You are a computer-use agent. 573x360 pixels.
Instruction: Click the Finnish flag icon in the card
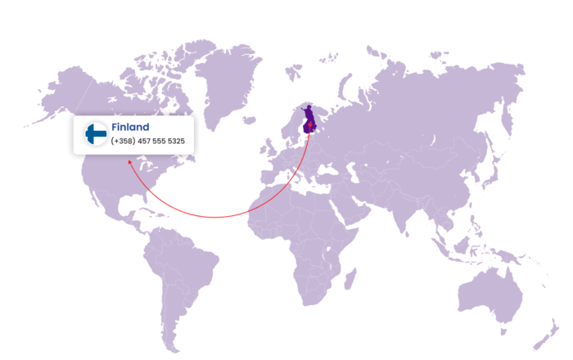point(96,133)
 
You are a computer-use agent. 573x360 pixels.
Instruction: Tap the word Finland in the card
point(130,127)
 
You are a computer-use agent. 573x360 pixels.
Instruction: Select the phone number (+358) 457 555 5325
point(148,142)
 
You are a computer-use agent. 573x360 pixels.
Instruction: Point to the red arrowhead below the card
point(129,162)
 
